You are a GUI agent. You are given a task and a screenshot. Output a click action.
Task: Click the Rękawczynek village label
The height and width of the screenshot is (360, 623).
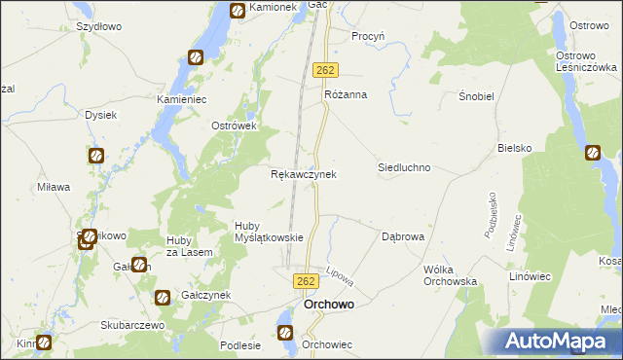pos(303,174)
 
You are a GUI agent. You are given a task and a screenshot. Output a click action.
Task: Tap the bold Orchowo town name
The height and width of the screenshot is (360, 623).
pos(329,305)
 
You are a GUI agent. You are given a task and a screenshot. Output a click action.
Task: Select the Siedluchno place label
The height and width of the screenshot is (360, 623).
pos(404,167)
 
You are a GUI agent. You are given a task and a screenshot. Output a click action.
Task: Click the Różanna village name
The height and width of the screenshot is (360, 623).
pos(345,95)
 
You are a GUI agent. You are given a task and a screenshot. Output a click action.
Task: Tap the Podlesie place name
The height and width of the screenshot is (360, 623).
pos(240,344)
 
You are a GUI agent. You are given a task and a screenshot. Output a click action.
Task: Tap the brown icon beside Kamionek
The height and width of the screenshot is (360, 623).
pos(238,11)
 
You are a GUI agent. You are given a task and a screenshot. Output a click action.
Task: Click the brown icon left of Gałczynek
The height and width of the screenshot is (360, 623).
pos(163,297)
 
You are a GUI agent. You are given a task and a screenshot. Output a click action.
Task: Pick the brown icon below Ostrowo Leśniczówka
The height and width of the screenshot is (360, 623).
pos(593,153)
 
